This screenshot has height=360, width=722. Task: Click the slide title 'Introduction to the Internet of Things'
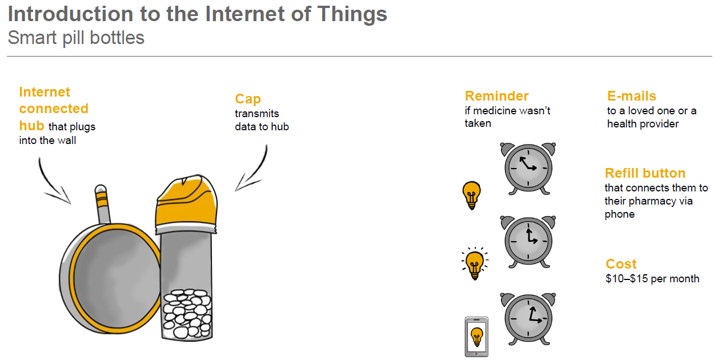click(x=197, y=14)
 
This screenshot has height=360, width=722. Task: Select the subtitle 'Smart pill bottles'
click(x=76, y=38)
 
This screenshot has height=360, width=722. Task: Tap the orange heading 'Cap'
click(x=248, y=99)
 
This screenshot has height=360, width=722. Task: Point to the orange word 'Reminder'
click(x=497, y=96)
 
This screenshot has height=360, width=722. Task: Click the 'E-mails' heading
click(x=632, y=96)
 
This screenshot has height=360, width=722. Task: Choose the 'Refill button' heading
click(x=645, y=173)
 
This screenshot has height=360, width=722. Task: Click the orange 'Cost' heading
click(x=621, y=264)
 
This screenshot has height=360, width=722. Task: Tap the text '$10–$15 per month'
click(x=652, y=278)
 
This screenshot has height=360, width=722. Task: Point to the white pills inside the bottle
click(x=187, y=314)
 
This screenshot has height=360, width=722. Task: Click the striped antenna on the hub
click(x=102, y=204)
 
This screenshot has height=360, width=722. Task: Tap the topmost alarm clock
click(x=528, y=169)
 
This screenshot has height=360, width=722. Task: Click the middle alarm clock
click(x=528, y=241)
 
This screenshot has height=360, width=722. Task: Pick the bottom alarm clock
click(x=528, y=319)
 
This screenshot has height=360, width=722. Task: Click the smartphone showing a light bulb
click(x=476, y=337)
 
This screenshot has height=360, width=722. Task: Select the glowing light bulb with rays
click(x=475, y=263)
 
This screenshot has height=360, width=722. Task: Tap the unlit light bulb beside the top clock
click(x=472, y=195)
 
